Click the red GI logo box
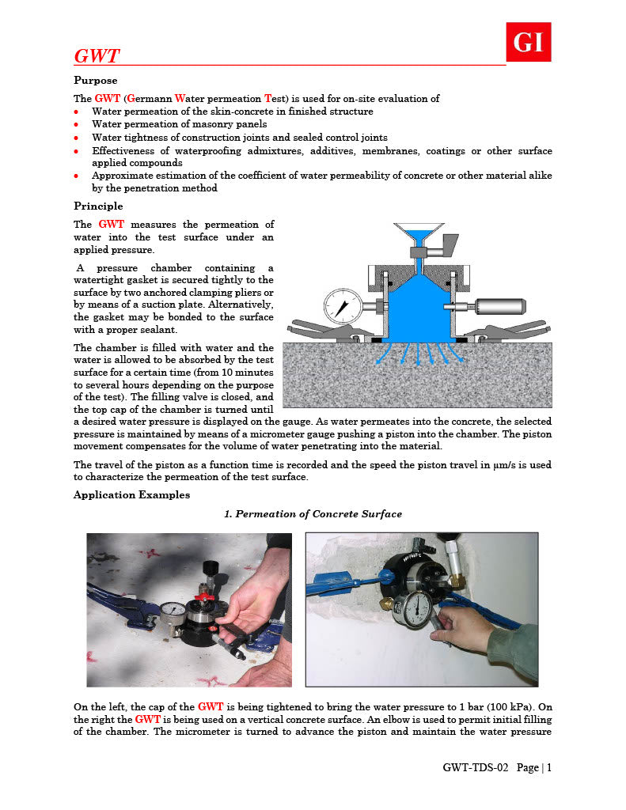pyautogui.click(x=528, y=42)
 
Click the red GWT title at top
pyautogui.click(x=97, y=56)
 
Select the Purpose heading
pyautogui.click(x=95, y=80)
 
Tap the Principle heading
pyautogui.click(x=98, y=206)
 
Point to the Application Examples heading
pyautogui.click(x=131, y=495)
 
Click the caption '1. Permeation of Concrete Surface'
pyautogui.click(x=313, y=514)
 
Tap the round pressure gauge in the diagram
pyautogui.click(x=343, y=304)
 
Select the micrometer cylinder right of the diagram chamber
pyautogui.click(x=499, y=306)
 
